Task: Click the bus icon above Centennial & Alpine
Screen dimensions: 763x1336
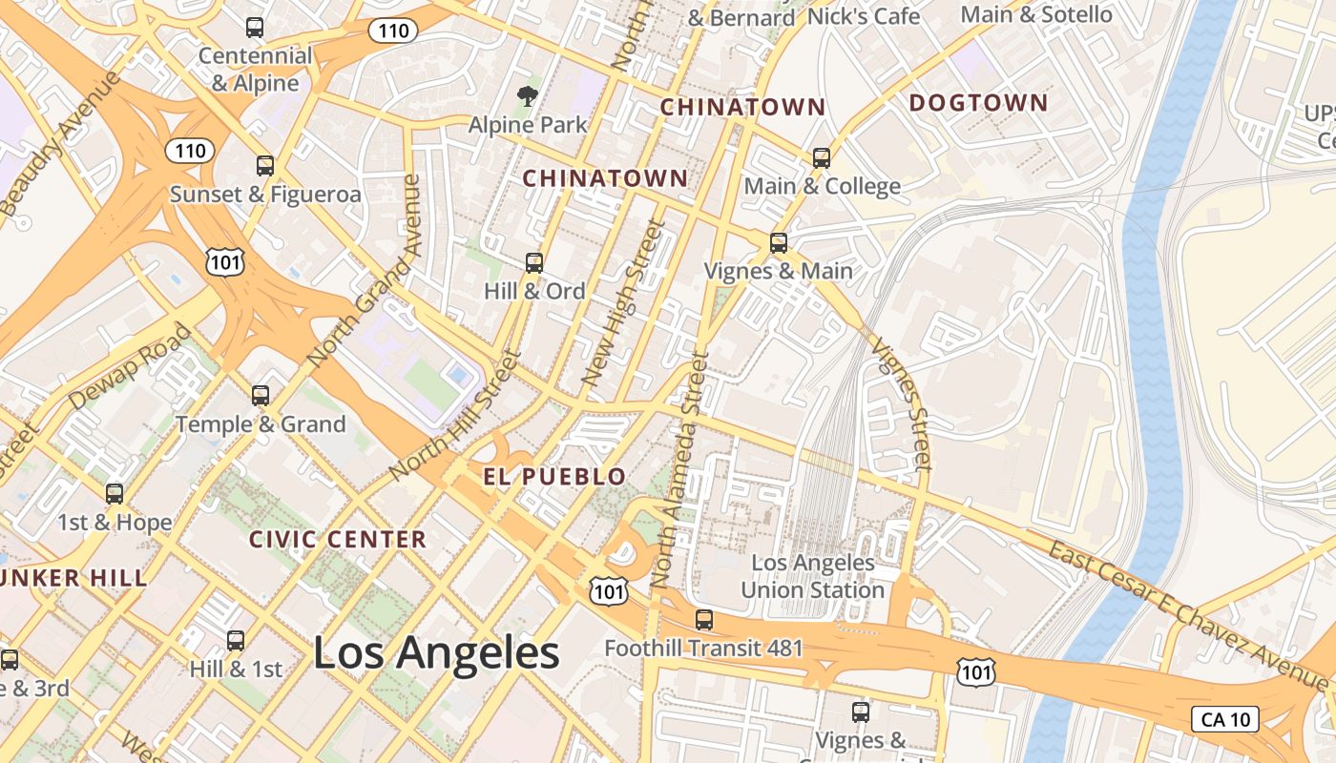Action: coord(255,28)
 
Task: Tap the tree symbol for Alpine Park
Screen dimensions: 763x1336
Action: coord(526,95)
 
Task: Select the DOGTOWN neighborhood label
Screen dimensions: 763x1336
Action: coord(978,103)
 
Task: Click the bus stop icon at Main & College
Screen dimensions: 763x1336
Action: coord(822,158)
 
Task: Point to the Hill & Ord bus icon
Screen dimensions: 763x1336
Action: coord(534,263)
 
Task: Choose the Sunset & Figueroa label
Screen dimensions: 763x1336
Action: coord(265,195)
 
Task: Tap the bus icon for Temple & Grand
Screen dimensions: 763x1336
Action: coord(260,396)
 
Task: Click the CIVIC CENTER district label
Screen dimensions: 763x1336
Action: coord(338,540)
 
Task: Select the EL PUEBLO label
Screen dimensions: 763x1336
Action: coord(554,477)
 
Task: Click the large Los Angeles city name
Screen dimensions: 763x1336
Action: coord(436,653)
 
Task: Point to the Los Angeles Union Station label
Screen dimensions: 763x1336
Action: coord(813,576)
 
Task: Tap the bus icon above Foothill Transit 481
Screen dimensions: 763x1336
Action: coord(704,620)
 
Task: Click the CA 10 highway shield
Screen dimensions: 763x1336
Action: coord(1225,719)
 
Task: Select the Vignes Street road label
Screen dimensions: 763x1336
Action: coord(902,405)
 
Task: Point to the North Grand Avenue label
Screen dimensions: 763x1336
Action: coord(365,271)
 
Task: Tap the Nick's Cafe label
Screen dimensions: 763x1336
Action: coord(863,16)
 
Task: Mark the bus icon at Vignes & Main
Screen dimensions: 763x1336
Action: coord(779,243)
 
